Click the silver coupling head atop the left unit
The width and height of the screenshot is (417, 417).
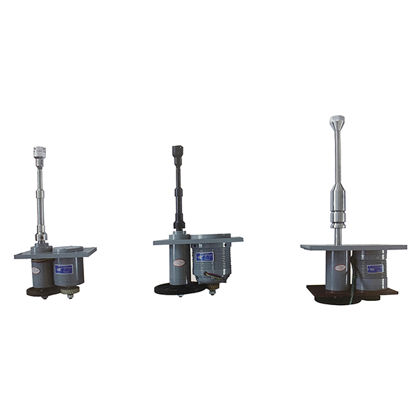[x=40, y=151]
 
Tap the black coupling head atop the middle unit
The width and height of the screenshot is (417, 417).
[x=177, y=150]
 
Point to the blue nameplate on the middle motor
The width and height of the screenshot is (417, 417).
[x=204, y=257]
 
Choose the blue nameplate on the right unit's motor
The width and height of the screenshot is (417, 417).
[x=375, y=268]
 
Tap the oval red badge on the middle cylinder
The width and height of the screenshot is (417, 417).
[x=179, y=263]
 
